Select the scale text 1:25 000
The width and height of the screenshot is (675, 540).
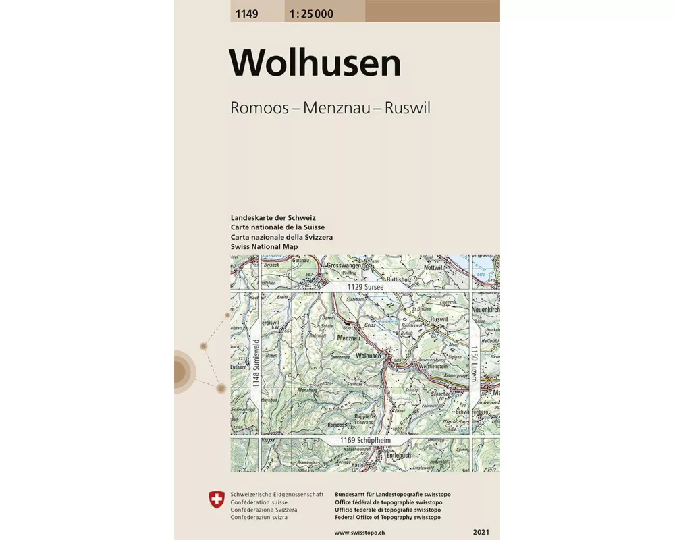(x=310, y=13)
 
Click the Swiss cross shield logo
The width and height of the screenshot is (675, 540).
(x=216, y=500)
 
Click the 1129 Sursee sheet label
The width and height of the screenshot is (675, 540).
(x=365, y=287)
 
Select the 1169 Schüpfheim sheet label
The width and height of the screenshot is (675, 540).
(x=365, y=441)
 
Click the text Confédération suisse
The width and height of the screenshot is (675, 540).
(x=259, y=503)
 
